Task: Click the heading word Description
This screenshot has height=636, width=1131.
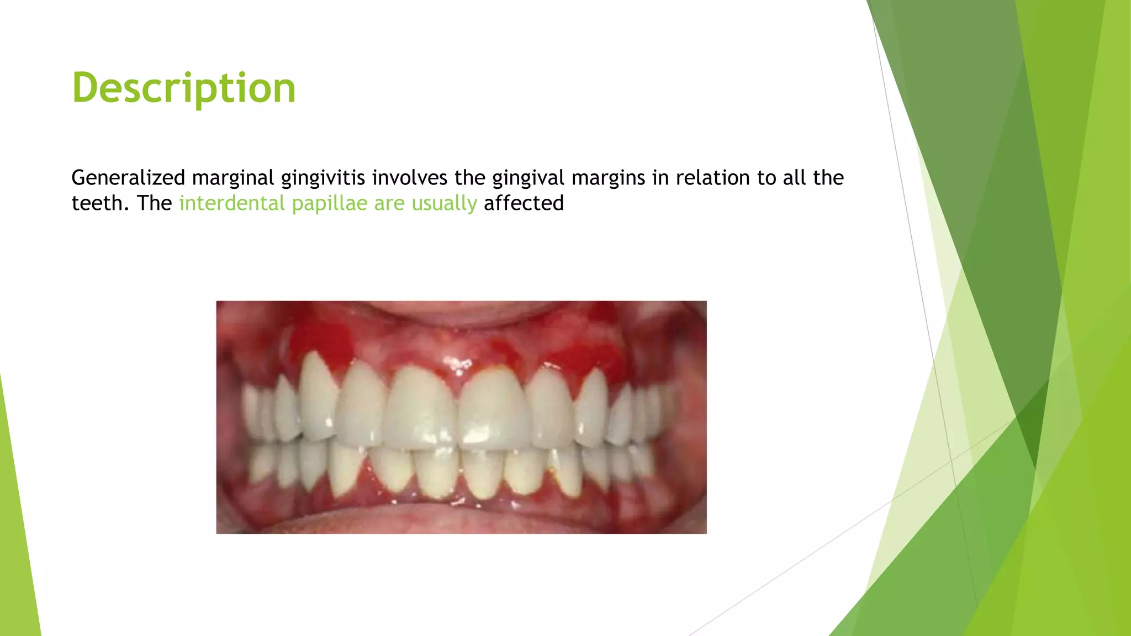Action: coord(184,88)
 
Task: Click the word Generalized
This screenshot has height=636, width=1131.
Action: coord(128,178)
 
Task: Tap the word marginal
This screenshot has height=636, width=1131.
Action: coord(232,178)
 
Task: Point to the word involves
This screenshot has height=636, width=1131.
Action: coord(409,178)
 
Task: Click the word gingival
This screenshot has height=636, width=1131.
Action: coord(528,178)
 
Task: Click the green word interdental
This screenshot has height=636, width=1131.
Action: coord(232,203)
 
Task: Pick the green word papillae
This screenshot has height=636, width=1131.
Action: coord(329,203)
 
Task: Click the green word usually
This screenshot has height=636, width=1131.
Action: coord(444,203)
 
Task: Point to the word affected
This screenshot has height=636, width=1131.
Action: coord(524,203)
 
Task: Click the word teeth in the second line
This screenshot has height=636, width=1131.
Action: coord(94,203)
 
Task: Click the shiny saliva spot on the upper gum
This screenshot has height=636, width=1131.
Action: coord(457,364)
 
